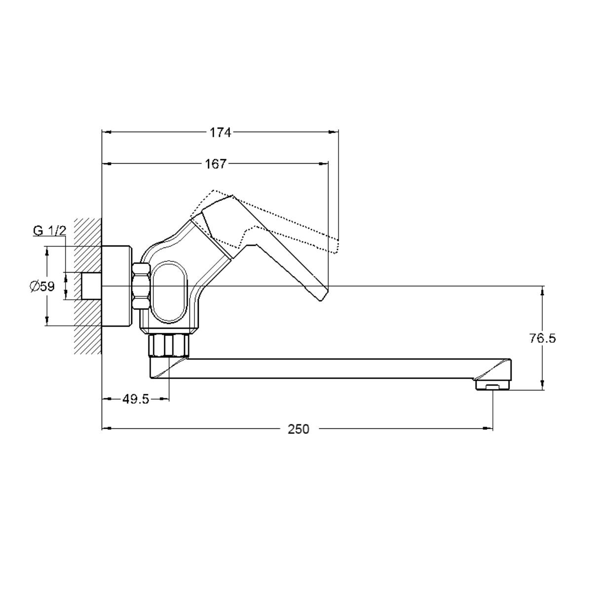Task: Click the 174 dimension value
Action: pyautogui.click(x=220, y=133)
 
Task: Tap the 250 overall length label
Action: pyautogui.click(x=298, y=429)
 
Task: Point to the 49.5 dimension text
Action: pyautogui.click(x=135, y=399)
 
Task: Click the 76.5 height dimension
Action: pyautogui.click(x=542, y=339)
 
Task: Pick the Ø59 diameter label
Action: pyautogui.click(x=42, y=286)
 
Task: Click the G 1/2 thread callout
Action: pyautogui.click(x=49, y=230)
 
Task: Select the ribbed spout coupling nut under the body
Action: pyautogui.click(x=169, y=345)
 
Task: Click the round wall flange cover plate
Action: pyautogui.click(x=117, y=286)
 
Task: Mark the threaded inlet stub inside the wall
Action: pyautogui.click(x=91, y=286)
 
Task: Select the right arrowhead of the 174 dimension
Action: pyautogui.click(x=333, y=133)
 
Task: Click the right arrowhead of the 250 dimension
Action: pyautogui.click(x=488, y=428)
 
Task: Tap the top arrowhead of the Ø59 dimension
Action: pyautogui.click(x=47, y=251)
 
